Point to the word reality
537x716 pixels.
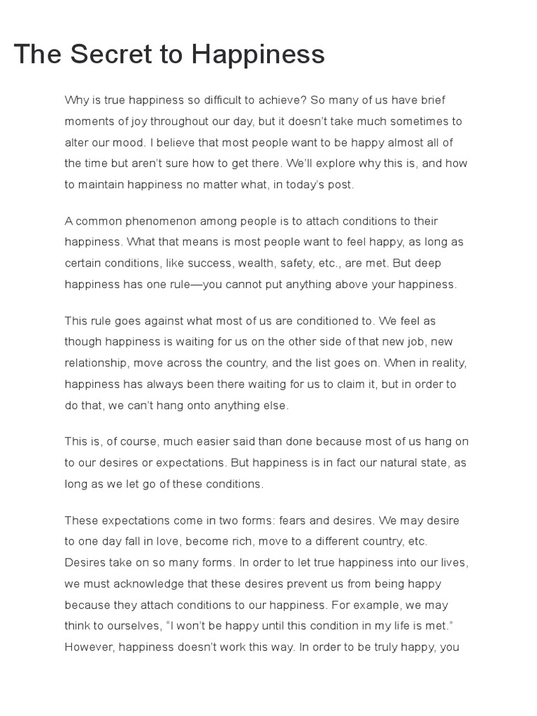point(448,363)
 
